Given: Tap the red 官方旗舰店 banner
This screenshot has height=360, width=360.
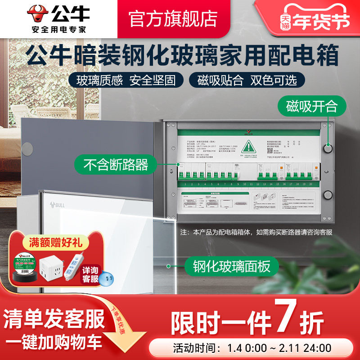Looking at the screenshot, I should pos(173,19).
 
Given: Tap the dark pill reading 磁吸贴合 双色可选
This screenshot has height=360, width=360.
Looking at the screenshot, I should pos(247,81).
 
